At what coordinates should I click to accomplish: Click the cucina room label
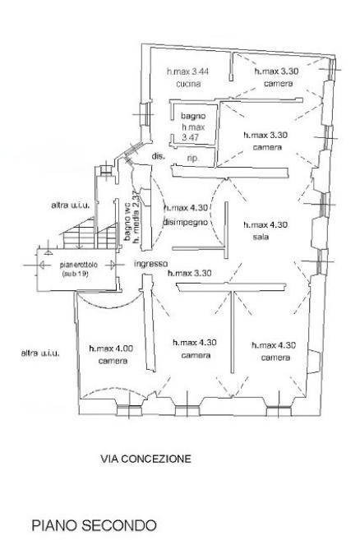pyautogui.click(x=188, y=84)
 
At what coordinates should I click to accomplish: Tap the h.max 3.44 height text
pyautogui.click(x=187, y=72)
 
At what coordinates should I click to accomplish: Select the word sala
pyautogui.click(x=261, y=237)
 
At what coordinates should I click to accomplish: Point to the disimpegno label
pyautogui.click(x=185, y=222)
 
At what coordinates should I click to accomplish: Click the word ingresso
pyautogui.click(x=151, y=264)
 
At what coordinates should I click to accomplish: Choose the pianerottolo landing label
pyautogui.click(x=79, y=265)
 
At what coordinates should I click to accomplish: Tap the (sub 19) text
pyautogui.click(x=76, y=275)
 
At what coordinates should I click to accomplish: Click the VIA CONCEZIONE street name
pyautogui.click(x=145, y=459)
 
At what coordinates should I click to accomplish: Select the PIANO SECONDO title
pyautogui.click(x=94, y=525)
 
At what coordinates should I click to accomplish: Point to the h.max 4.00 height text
pyautogui.click(x=111, y=348)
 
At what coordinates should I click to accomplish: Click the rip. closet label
pyautogui.click(x=192, y=158)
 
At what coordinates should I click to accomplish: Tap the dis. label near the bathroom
pyautogui.click(x=159, y=156)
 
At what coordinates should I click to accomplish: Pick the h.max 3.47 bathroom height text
pyautogui.click(x=193, y=132)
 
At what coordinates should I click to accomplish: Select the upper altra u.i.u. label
pyautogui.click(x=71, y=205)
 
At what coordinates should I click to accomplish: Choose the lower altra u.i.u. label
pyautogui.click(x=40, y=353)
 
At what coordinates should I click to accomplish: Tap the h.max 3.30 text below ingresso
pyautogui.click(x=190, y=274)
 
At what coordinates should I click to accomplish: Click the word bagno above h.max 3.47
pyautogui.click(x=193, y=116)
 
